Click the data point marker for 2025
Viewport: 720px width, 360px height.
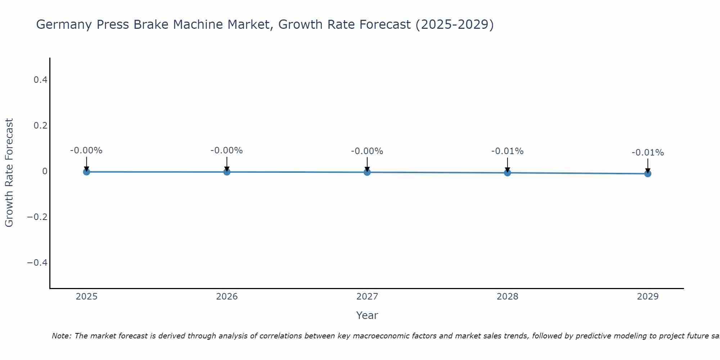(x=86, y=172)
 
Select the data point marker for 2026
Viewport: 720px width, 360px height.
(x=227, y=172)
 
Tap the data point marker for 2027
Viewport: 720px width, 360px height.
(x=367, y=172)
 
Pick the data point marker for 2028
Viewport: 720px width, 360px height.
(x=507, y=172)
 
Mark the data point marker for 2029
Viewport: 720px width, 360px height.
(x=648, y=174)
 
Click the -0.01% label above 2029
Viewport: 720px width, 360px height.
(x=648, y=153)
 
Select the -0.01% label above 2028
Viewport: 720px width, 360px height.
(x=507, y=151)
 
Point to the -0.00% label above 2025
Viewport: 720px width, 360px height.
(x=86, y=150)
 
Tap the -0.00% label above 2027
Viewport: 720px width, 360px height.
(x=367, y=151)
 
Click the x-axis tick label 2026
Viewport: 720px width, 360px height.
(x=227, y=297)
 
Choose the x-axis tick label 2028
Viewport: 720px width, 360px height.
(x=507, y=297)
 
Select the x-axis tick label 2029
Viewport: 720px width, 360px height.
(x=648, y=297)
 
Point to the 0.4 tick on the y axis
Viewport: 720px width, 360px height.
(x=40, y=80)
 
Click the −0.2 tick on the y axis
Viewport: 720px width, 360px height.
(x=37, y=217)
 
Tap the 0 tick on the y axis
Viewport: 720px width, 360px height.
(x=45, y=171)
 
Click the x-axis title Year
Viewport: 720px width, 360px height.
(x=367, y=315)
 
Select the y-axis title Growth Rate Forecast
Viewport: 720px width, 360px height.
(x=9, y=172)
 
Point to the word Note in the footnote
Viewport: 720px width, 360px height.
(x=61, y=336)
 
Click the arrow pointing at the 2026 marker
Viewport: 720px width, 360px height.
(x=227, y=164)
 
